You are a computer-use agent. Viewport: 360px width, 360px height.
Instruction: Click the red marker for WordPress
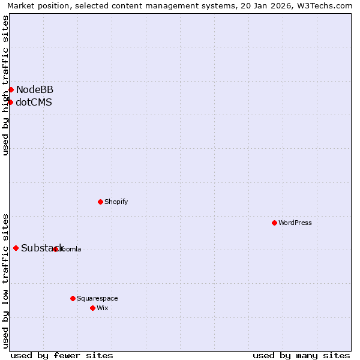tap(274, 223)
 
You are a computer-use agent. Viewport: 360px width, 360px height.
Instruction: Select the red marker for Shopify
tap(100, 202)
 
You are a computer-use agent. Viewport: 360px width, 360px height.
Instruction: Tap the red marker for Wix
tap(92, 308)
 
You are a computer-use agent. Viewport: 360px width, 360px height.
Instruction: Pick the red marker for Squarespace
tap(73, 298)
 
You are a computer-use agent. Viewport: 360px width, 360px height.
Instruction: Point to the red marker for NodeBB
tap(11, 89)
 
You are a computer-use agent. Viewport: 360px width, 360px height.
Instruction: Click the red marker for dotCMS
tap(10, 102)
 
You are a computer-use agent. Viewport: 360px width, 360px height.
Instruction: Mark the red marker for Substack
tap(16, 248)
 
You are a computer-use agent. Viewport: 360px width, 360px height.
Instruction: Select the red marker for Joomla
tap(55, 249)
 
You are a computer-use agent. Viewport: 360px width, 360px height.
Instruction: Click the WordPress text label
tap(295, 223)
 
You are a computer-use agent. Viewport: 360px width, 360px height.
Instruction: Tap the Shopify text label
tap(116, 202)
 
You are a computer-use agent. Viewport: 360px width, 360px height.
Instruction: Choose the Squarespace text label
tap(97, 298)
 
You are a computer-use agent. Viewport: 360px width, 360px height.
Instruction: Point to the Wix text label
tap(103, 308)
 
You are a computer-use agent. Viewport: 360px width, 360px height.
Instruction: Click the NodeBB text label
tap(35, 89)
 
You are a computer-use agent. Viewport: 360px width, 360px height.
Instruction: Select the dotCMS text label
tap(34, 102)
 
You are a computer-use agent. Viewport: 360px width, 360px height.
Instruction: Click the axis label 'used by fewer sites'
tap(62, 355)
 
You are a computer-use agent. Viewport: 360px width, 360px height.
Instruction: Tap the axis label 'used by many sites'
tap(301, 355)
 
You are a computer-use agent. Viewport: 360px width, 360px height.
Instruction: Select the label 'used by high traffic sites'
tap(5, 85)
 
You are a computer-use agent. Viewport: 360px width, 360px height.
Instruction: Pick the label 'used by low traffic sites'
tap(5, 280)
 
